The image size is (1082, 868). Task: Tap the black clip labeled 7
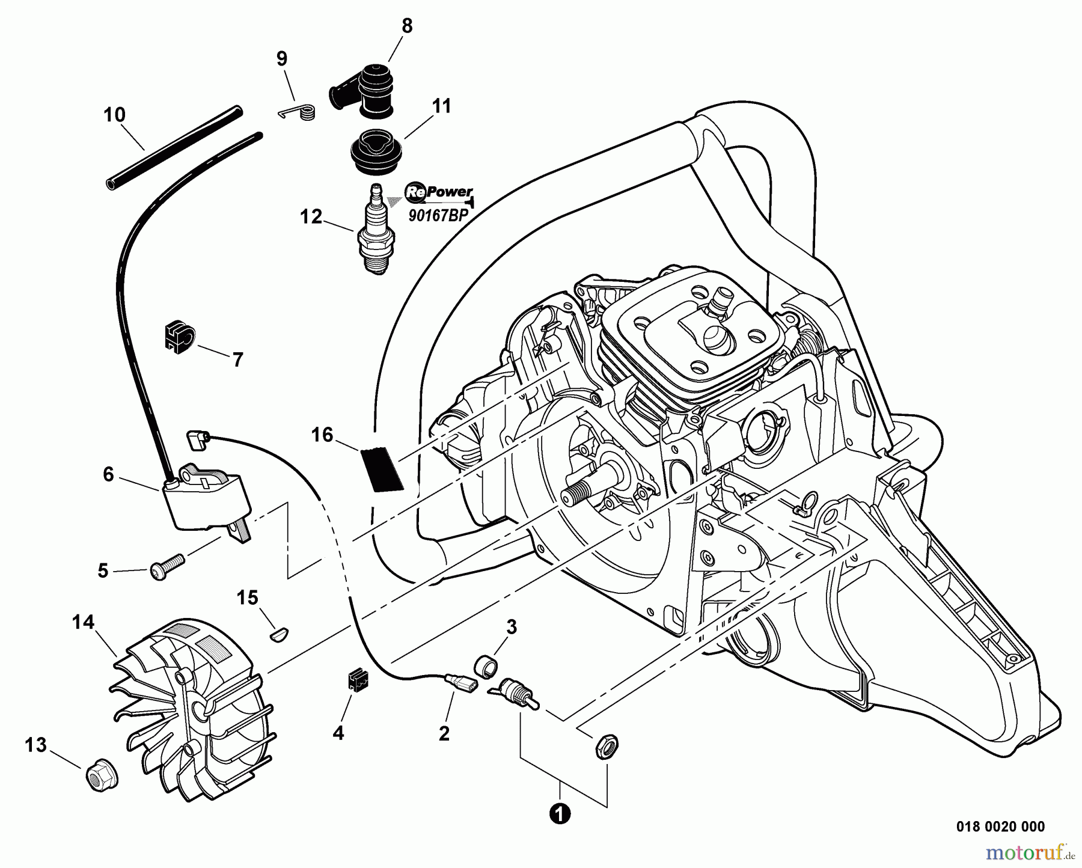pos(177,337)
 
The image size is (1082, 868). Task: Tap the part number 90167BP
pos(438,216)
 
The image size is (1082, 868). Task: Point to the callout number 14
pos(84,622)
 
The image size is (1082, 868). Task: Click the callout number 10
pos(114,114)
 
